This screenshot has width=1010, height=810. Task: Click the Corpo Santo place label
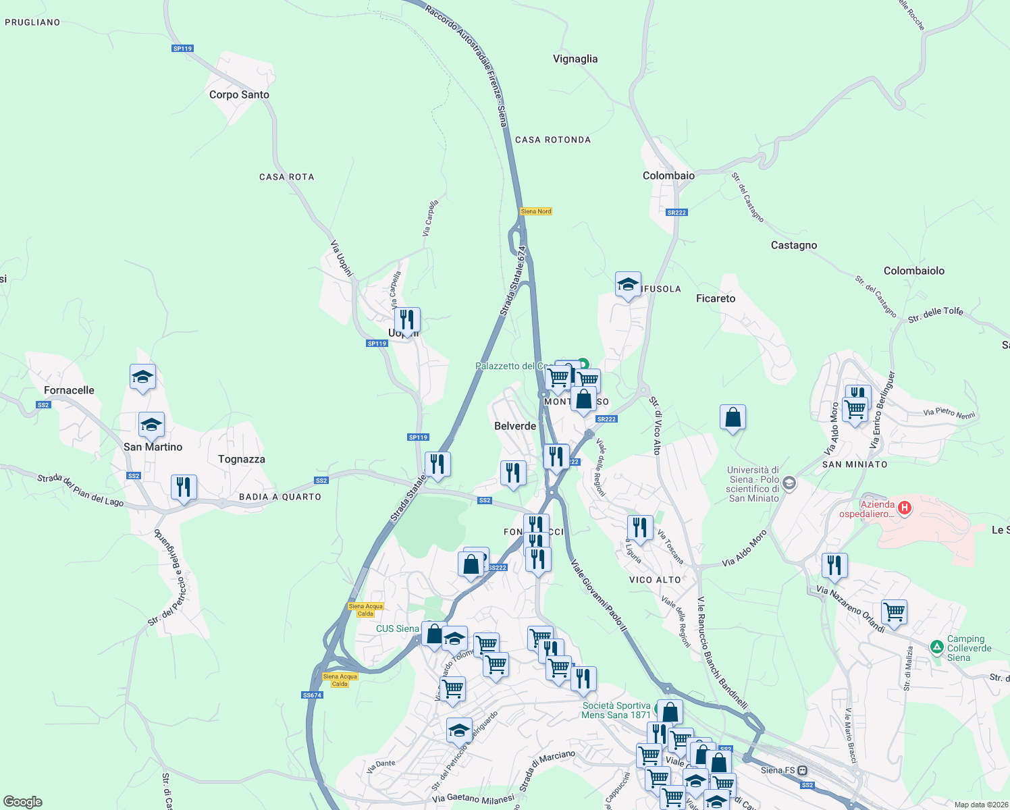[239, 94]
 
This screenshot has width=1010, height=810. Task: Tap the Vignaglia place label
[575, 59]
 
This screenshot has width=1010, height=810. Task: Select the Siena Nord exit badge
[536, 211]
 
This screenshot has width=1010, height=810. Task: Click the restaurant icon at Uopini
[407, 320]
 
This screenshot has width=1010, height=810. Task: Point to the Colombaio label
[668, 175]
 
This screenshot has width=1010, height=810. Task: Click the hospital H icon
[905, 507]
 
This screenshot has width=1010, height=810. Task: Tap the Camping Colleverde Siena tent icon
[936, 648]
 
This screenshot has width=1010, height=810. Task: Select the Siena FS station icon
[802, 770]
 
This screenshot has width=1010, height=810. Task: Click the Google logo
[23, 802]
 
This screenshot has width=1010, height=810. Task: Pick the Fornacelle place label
[69, 390]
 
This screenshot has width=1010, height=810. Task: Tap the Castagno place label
[794, 245]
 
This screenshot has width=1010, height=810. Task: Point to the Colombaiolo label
[914, 271]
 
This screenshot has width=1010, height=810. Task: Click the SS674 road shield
[312, 695]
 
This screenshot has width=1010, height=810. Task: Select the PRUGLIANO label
[32, 22]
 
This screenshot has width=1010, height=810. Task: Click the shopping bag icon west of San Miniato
[733, 418]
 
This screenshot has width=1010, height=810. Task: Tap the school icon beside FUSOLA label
[628, 285]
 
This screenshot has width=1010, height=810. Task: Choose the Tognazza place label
[242, 459]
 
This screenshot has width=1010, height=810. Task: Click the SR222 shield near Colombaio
[676, 213]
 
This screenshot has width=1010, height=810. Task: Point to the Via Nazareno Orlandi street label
[851, 609]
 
